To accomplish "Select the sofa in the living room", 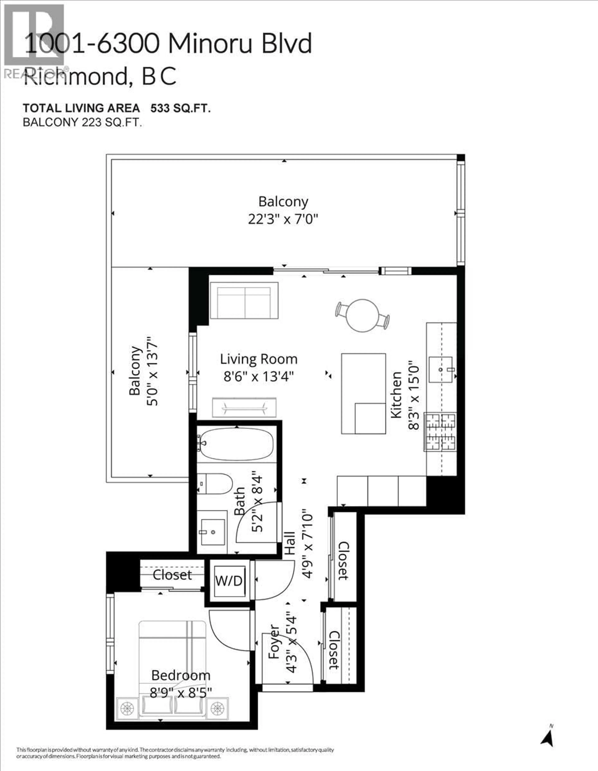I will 244,301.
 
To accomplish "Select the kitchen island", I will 363,393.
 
